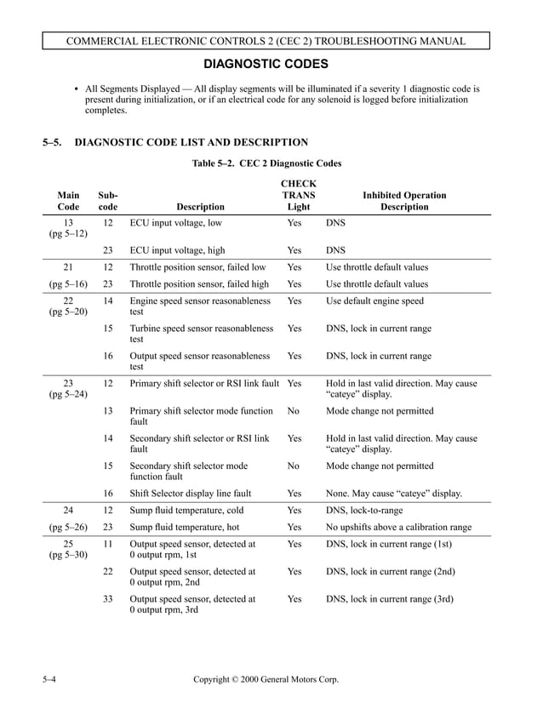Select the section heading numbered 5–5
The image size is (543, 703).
coord(175,142)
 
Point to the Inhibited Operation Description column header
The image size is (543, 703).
coord(404,201)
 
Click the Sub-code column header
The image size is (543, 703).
coord(108,201)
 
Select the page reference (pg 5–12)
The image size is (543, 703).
coord(68,233)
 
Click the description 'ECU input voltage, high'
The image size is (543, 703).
coord(177,250)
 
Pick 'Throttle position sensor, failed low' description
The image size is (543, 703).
coord(198,267)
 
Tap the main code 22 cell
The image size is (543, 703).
coord(68,300)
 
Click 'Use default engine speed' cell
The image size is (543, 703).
coord(374,300)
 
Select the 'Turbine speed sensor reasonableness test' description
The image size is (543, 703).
coord(201,334)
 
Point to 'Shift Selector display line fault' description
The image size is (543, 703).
coord(190,493)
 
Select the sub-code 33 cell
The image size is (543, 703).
coord(108,598)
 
